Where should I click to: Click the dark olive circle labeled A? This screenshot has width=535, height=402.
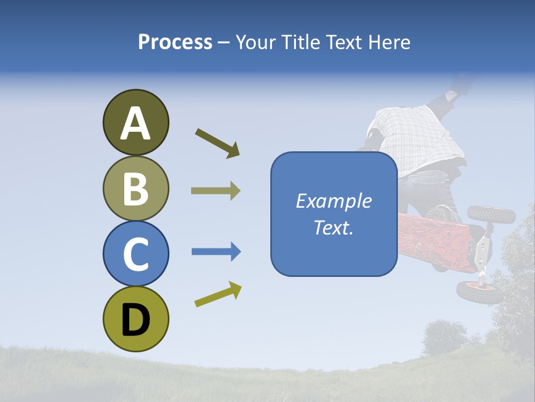tap(135, 122)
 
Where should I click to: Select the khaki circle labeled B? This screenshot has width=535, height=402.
tap(135, 188)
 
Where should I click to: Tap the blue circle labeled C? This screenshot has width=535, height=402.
tap(135, 253)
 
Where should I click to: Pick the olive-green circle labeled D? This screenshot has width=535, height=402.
tap(135, 319)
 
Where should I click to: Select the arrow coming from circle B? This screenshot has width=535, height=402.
tap(216, 191)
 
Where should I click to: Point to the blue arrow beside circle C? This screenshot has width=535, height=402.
tap(216, 252)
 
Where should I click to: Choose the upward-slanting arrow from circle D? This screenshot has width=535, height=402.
tap(218, 294)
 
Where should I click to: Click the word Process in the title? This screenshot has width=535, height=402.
tap(175, 42)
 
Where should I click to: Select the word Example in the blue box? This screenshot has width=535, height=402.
tap(333, 201)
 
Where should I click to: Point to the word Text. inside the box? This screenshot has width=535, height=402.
tap(333, 227)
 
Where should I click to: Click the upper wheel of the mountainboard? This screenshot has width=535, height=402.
tap(483, 214)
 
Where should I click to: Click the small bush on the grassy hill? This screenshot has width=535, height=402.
tap(444, 338)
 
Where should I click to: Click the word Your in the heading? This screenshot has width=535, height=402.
tap(257, 42)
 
